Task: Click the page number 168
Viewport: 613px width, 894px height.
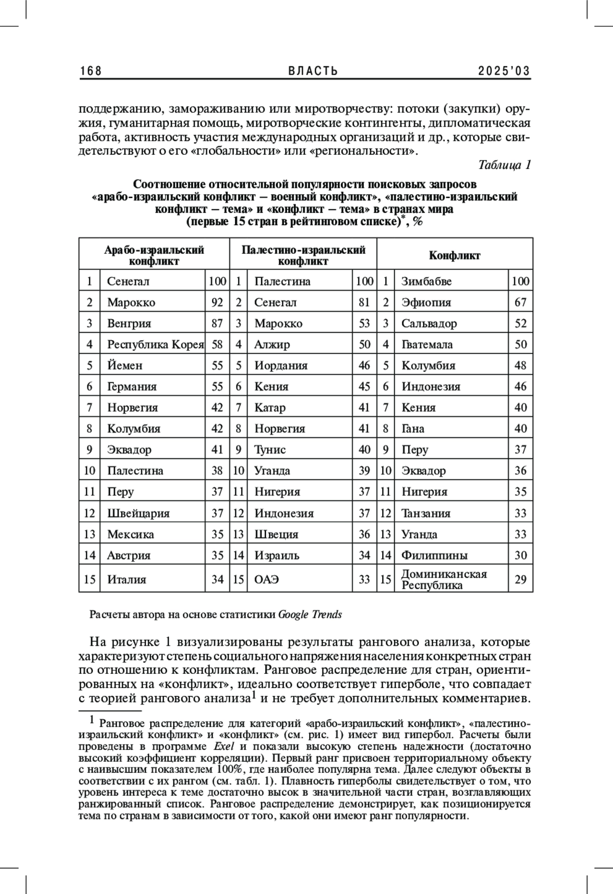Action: (x=91, y=71)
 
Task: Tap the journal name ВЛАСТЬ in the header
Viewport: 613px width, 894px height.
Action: (x=313, y=71)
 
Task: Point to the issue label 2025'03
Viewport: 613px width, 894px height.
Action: (x=504, y=71)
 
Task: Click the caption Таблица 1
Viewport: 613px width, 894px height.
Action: (x=505, y=165)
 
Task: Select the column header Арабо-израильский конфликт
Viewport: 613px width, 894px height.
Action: (x=154, y=255)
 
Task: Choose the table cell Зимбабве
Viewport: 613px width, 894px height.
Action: (x=427, y=281)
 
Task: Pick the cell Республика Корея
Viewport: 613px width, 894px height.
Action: (x=155, y=344)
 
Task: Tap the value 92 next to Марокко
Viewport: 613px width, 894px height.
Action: (x=217, y=302)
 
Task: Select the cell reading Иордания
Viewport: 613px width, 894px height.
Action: (x=281, y=366)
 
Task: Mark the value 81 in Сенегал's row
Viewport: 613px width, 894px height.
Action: (x=364, y=302)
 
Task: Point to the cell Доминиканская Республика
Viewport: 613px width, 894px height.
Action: (x=444, y=579)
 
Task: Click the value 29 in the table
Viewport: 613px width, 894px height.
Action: (x=521, y=580)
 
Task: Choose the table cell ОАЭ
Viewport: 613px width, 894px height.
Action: (x=267, y=580)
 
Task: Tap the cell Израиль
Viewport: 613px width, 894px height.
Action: (x=277, y=555)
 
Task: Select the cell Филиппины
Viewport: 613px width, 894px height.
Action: (x=434, y=555)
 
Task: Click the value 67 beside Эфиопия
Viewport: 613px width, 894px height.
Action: (x=521, y=302)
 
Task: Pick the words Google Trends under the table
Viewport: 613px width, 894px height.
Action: (x=310, y=615)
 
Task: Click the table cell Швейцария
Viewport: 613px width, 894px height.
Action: (x=138, y=513)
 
